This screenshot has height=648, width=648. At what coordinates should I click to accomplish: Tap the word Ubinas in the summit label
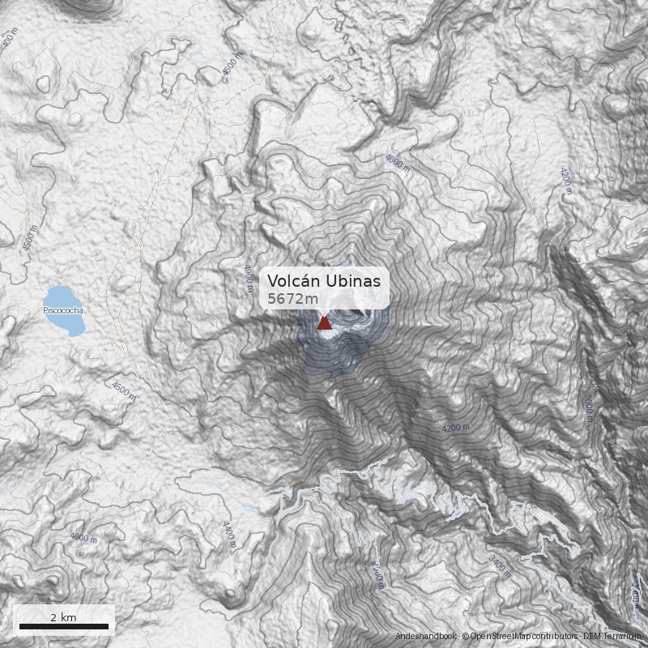tap(355, 281)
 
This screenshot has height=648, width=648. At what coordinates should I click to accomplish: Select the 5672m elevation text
tap(293, 299)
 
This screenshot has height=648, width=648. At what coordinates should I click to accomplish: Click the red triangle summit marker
tap(324, 323)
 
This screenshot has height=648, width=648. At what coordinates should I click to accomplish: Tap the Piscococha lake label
tap(64, 310)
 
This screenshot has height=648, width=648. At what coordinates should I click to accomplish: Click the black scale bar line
tap(63, 626)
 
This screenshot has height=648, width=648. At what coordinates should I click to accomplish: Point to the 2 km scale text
tap(63, 617)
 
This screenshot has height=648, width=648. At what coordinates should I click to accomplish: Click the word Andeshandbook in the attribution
tap(426, 637)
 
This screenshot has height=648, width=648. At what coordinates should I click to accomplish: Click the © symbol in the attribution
tap(466, 637)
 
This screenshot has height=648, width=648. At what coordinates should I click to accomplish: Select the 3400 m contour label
tap(501, 565)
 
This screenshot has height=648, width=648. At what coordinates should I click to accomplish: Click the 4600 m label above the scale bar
tap(83, 537)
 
